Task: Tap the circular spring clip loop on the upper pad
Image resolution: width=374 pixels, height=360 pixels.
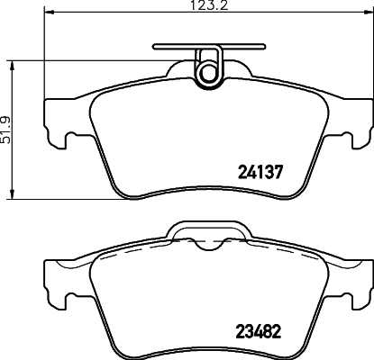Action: click(x=209, y=69)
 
